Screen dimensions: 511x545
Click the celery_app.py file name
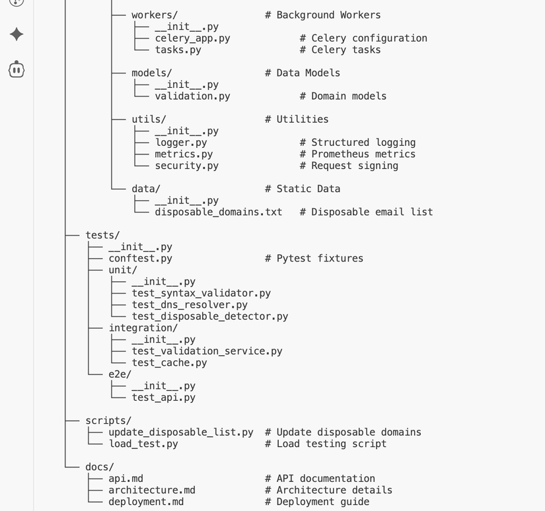click(x=192, y=38)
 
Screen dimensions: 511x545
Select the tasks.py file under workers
click(x=178, y=50)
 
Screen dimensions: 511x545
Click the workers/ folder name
click(x=155, y=15)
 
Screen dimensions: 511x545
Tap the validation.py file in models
click(x=192, y=96)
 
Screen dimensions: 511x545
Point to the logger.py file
click(x=180, y=143)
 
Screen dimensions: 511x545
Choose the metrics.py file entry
click(x=184, y=154)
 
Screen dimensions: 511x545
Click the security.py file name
click(x=186, y=166)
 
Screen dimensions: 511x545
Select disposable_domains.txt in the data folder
click(x=218, y=212)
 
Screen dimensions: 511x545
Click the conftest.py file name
click(x=140, y=259)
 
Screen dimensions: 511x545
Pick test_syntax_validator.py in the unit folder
click(x=201, y=293)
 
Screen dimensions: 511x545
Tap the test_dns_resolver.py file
click(x=190, y=305)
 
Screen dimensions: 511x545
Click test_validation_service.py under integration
click(x=207, y=351)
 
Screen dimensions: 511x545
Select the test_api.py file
click(x=163, y=397)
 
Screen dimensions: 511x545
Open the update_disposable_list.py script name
click(x=181, y=432)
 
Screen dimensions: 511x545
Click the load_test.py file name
click(x=143, y=444)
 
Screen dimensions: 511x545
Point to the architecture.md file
click(x=152, y=490)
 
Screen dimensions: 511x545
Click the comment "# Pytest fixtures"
click(x=314, y=259)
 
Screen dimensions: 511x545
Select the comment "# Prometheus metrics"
click(x=357, y=154)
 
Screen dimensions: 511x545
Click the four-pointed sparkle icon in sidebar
click(x=17, y=34)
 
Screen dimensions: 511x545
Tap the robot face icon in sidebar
click(x=17, y=69)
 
